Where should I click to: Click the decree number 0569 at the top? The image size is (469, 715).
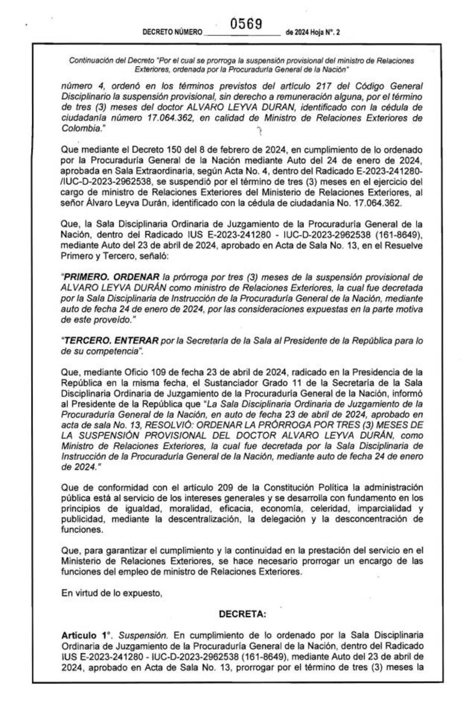click(246, 25)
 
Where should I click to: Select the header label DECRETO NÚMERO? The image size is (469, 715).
click(172, 32)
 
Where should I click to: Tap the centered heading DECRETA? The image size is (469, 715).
click(242, 614)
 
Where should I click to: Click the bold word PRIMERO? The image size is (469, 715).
click(86, 277)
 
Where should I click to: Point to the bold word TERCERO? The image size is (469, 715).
click(86, 341)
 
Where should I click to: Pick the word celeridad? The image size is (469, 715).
click(330, 509)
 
